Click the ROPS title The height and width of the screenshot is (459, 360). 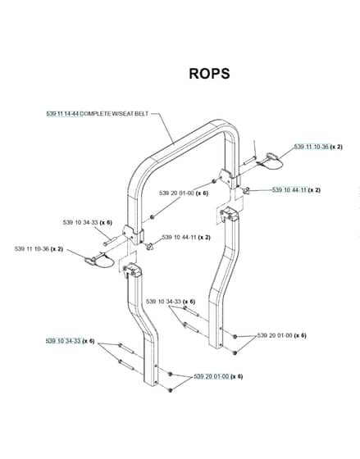coord(209,74)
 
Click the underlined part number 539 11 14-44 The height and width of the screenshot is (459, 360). coord(62,114)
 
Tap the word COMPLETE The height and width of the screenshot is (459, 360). coord(95,114)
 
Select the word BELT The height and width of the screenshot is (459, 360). coord(142,114)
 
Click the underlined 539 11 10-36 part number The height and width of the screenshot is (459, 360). coord(312,147)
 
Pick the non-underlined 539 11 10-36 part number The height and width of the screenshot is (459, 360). coord(32,249)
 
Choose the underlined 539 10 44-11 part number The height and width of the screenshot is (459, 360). coord(289,190)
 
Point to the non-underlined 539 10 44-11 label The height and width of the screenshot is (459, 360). coord(179,237)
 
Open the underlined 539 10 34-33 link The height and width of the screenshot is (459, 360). coord(63,341)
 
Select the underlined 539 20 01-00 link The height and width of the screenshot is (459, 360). coord(212,376)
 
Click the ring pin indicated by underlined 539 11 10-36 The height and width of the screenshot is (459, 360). coord(270,161)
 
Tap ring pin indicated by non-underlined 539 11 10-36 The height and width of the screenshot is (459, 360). coord(98,259)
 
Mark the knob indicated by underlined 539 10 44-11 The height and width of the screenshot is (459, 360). coord(246,191)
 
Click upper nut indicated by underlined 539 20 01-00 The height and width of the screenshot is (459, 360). coord(171,374)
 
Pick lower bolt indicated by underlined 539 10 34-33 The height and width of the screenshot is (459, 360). coord(126,365)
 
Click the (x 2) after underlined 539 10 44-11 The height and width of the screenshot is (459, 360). coord(314,190)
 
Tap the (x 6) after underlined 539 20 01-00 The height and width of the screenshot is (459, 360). coord(236,376)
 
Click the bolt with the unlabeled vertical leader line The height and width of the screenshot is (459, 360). coord(250,160)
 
